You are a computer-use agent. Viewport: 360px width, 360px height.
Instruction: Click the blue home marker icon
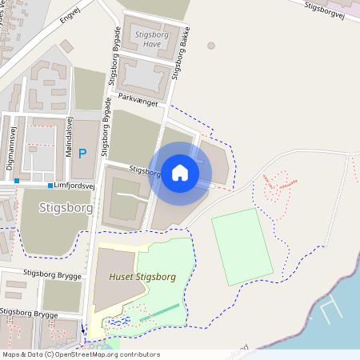tap(180, 173)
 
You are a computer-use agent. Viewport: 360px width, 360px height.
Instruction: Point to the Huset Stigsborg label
tap(142, 277)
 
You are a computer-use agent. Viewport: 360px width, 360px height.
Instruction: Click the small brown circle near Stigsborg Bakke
tap(211, 46)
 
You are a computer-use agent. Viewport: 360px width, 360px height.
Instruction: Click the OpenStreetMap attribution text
tap(80, 354)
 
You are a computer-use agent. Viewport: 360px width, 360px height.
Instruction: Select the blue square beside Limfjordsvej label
tap(50, 186)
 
